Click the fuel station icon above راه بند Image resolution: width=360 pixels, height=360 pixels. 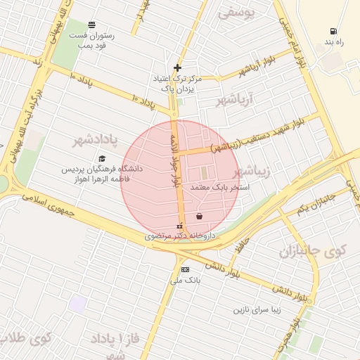tap(332, 31)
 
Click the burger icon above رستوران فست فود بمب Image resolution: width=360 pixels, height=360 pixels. tap(92, 24)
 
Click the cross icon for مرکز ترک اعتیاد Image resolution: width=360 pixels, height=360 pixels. tap(177, 68)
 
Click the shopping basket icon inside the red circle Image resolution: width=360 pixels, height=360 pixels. tap(200, 216)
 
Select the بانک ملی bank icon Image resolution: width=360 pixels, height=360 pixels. tap(185, 269)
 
